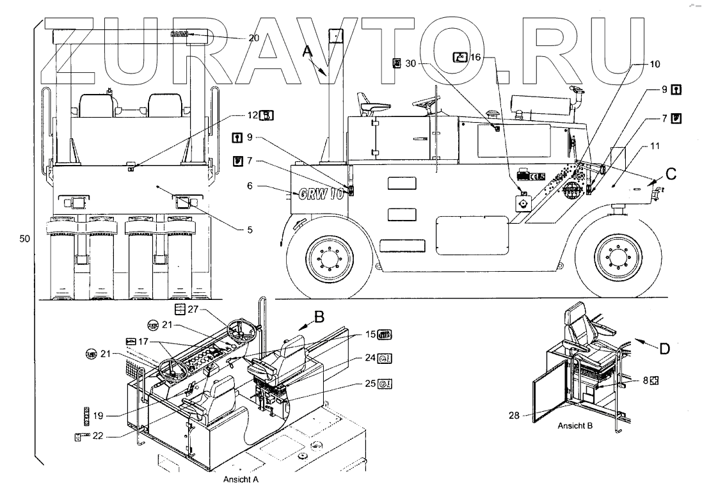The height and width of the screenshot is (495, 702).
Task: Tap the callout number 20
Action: click(x=254, y=38)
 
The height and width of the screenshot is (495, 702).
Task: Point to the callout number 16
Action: click(x=476, y=58)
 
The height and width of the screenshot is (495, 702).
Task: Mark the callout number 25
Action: click(x=366, y=384)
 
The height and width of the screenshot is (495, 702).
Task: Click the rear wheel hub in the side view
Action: click(x=331, y=258)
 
